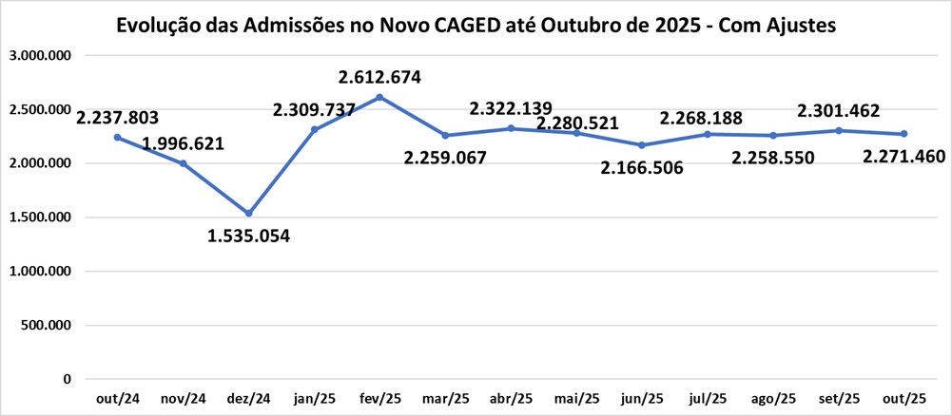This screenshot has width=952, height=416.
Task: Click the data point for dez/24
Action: tap(248, 214)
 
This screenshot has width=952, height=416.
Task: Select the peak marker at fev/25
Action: tap(379, 97)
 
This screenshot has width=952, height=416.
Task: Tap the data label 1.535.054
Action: tap(248, 236)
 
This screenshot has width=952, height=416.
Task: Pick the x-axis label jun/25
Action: tap(642, 398)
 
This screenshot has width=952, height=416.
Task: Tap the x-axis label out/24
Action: tap(117, 398)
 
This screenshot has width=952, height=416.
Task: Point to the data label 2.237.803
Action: tap(117, 119)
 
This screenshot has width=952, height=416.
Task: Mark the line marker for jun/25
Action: tap(642, 145)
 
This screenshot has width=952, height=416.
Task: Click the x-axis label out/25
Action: tap(904, 398)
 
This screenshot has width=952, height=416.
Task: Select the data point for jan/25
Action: tap(314, 130)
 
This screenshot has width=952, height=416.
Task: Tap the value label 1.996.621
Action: tap(184, 144)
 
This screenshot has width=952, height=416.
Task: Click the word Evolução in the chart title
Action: tap(155, 26)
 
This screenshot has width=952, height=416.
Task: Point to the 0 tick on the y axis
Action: tap(67, 380)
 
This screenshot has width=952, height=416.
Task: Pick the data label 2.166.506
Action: tap(642, 167)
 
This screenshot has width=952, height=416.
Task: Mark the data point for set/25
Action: tap(838, 130)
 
